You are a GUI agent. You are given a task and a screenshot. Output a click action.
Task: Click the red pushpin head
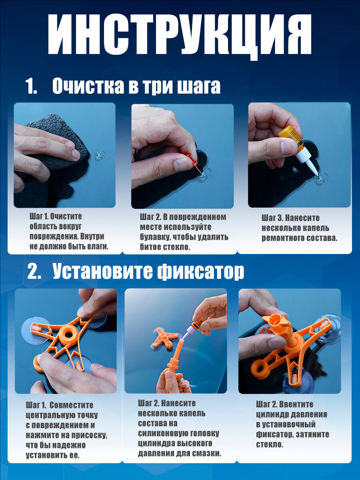[192, 160]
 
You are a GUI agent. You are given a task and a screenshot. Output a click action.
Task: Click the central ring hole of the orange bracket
[69, 334]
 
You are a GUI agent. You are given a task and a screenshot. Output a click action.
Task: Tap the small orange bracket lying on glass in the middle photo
[164, 338]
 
